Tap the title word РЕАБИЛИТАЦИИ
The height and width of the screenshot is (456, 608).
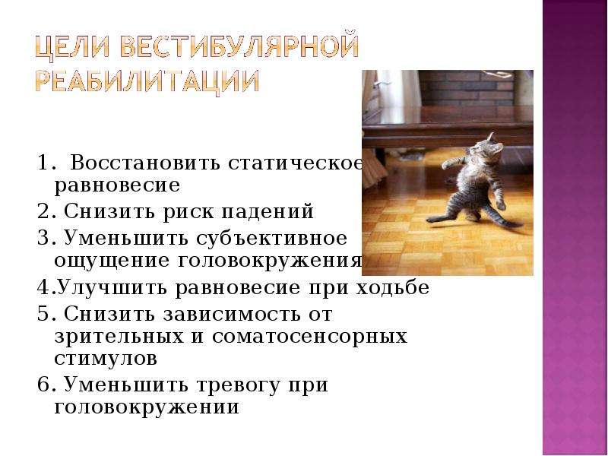click(147, 82)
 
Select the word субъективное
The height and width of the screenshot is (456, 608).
click(271, 237)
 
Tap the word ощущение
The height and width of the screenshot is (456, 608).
click(112, 261)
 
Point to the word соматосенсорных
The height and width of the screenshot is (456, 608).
click(309, 336)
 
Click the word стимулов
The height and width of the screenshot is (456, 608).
click(106, 358)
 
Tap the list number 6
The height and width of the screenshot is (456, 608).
click(43, 385)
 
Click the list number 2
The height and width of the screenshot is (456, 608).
click(43, 212)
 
